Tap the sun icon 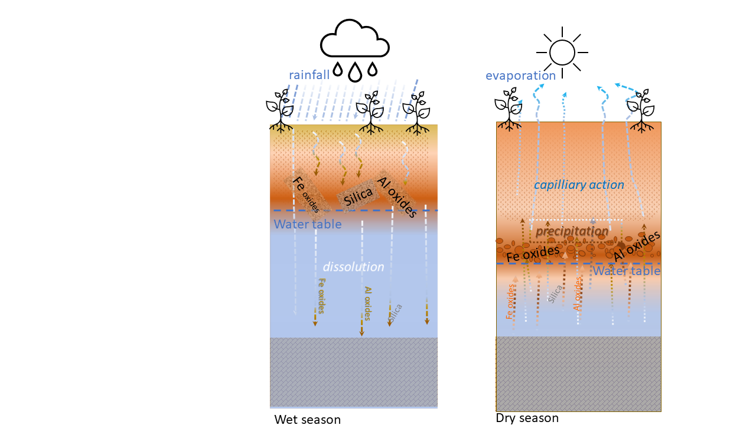[x=562, y=52]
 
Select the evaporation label [x=520, y=76]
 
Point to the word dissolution [x=353, y=267]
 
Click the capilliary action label [x=579, y=185]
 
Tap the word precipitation [x=572, y=231]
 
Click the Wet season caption [x=307, y=420]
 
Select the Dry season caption [x=527, y=418]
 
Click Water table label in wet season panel [x=308, y=224]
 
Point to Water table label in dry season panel [x=626, y=271]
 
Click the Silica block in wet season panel [x=359, y=195]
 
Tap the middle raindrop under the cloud [x=354, y=72]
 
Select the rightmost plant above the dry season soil [x=640, y=109]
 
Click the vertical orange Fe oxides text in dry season [x=510, y=301]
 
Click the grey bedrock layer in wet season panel [x=353, y=372]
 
